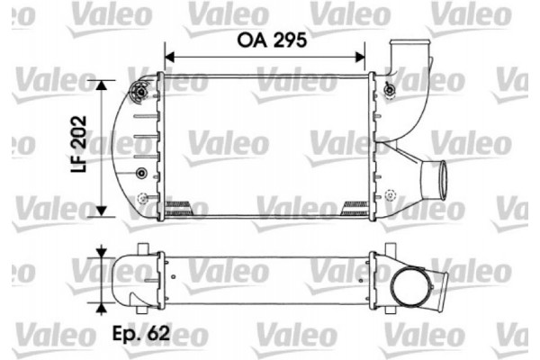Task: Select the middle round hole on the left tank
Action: [139, 171]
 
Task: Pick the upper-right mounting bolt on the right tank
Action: [388, 88]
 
